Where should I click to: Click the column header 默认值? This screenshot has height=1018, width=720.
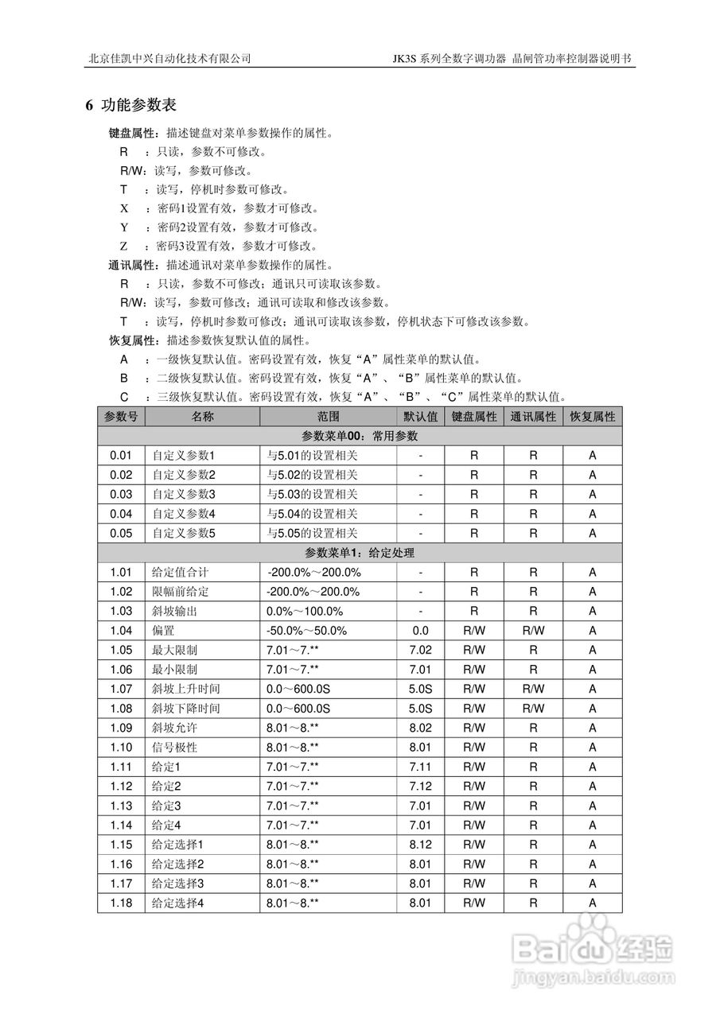click(x=420, y=416)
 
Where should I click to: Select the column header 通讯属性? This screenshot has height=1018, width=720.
click(x=533, y=416)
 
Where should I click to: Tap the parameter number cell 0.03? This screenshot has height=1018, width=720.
click(x=121, y=494)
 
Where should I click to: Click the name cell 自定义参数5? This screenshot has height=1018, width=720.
click(x=184, y=533)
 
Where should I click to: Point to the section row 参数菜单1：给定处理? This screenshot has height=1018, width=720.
click(x=360, y=553)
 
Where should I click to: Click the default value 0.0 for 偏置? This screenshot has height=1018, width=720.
click(x=420, y=631)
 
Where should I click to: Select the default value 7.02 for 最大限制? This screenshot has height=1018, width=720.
click(x=420, y=650)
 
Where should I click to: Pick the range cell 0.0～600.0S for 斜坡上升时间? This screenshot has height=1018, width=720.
click(x=298, y=689)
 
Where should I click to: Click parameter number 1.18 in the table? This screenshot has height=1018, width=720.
click(x=121, y=903)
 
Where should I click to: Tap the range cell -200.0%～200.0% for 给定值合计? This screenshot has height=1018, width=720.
click(x=314, y=572)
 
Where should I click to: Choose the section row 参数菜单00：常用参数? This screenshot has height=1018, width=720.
click(x=360, y=436)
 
